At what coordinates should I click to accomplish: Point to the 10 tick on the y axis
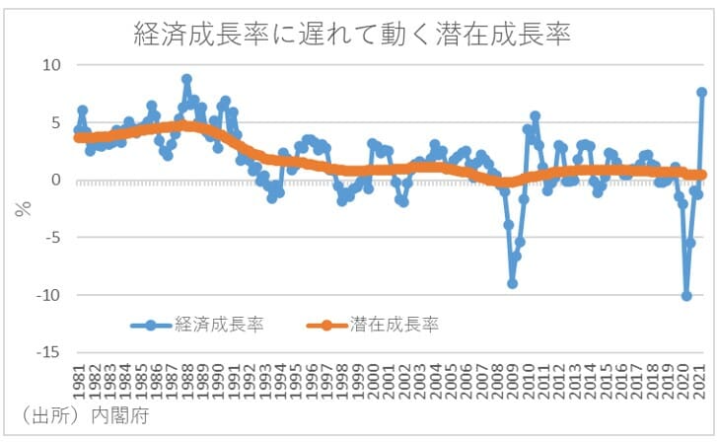[x=50, y=65]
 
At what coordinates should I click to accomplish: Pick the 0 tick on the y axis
[x=55, y=181]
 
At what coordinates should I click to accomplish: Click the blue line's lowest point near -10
[x=686, y=295]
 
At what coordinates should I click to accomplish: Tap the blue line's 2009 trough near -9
[x=513, y=283]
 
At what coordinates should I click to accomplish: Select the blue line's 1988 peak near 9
[x=186, y=79]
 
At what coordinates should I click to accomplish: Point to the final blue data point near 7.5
[x=701, y=93]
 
